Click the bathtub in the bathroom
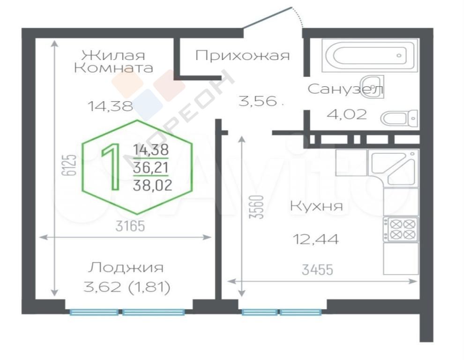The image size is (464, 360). (x=370, y=55)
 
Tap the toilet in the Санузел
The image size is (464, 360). (x=399, y=119)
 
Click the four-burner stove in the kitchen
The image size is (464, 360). (x=401, y=229)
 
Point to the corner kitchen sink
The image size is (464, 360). (x=393, y=167)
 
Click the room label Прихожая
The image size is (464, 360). (x=242, y=55)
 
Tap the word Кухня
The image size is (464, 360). (x=316, y=206)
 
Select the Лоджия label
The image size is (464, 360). (x=126, y=268)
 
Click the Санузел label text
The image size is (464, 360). (x=345, y=89)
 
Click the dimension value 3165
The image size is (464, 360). (x=130, y=226)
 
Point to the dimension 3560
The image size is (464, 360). (x=256, y=207)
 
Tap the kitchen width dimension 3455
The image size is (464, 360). (x=317, y=270)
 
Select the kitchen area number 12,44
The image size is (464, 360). (x=315, y=239)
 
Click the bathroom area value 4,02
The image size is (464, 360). (x=346, y=114)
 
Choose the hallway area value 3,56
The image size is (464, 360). (x=257, y=101)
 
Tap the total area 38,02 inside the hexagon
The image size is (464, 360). (x=152, y=186)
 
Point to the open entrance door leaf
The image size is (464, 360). (x=267, y=18)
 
